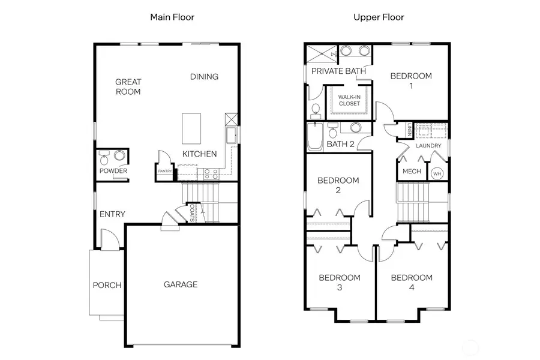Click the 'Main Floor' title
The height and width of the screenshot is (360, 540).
[x=172, y=17]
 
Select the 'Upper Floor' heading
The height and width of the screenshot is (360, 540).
[x=379, y=17]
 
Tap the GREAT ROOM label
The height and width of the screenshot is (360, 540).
[x=128, y=87]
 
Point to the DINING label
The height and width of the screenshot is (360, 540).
[x=204, y=77]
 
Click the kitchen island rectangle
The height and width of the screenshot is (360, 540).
[x=191, y=127]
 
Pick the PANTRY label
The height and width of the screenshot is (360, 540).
[x=165, y=172]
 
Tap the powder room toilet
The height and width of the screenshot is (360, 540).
[x=105, y=159]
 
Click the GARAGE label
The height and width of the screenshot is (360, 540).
[x=181, y=284]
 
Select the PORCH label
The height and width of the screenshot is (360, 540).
[x=107, y=285]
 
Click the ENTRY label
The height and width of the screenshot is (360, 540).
[x=112, y=214]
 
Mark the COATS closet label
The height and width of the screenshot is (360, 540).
[x=192, y=212]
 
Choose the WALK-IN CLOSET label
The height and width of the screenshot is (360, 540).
[x=349, y=100]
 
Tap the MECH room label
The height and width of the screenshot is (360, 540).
[x=412, y=172]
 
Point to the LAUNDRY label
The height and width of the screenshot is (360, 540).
[x=428, y=146]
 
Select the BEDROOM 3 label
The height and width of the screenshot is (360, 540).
[x=340, y=283]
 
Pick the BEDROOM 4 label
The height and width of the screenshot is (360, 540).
[x=412, y=283]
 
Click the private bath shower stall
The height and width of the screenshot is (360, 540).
[x=321, y=53]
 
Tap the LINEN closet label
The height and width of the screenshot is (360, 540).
[x=410, y=130]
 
